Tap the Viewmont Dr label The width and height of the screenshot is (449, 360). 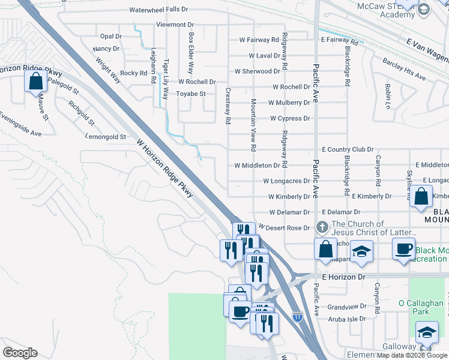175,25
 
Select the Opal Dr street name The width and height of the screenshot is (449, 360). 111,36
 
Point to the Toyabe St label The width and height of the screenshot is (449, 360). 191,94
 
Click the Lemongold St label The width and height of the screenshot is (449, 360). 106,137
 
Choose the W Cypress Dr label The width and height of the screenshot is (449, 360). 290,118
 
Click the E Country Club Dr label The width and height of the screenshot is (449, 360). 348,149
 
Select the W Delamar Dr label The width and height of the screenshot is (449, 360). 289,212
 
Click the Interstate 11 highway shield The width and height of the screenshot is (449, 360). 297,316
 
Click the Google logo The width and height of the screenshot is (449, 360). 20,352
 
